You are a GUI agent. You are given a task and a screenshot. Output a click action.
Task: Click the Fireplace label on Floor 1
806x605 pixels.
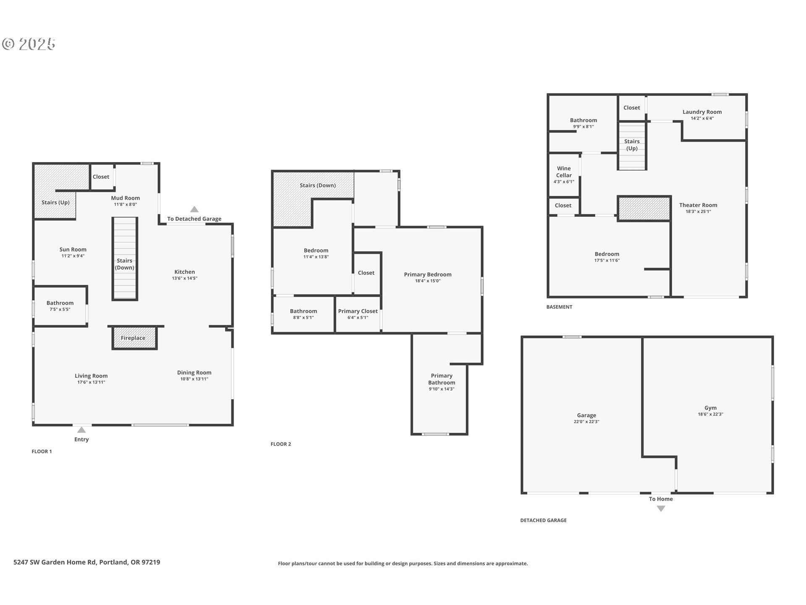point(133,338)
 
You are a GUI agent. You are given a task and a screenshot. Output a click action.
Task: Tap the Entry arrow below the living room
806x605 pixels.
point(81,430)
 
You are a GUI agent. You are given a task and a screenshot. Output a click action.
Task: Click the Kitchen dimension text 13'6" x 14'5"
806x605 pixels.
point(184,278)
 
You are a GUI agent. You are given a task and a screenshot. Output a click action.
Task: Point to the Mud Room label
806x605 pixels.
point(125,198)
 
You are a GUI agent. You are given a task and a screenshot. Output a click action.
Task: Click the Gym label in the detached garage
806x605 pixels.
point(710,408)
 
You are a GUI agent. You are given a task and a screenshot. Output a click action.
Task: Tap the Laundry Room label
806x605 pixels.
point(702,112)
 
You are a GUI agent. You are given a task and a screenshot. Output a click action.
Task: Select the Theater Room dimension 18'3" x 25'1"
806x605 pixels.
point(698,211)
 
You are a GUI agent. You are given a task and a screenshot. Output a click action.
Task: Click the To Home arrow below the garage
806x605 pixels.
point(661,509)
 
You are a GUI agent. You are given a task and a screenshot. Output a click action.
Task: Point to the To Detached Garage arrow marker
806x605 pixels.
point(194,209)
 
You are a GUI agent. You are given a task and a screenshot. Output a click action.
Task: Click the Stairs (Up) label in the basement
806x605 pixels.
point(631,145)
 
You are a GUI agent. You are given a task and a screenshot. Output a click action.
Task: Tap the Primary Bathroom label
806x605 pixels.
point(441,379)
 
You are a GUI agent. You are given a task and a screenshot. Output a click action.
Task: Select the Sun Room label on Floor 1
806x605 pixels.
point(73,249)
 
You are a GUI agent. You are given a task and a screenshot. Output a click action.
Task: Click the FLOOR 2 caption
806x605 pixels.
point(280,444)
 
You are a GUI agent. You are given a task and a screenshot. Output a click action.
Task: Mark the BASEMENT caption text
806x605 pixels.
point(559,307)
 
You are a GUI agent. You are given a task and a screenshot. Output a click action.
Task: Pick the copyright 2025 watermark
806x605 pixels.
point(29,44)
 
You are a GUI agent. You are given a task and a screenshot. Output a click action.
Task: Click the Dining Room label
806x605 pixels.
point(194,372)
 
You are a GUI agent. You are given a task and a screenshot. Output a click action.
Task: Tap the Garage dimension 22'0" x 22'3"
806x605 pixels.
point(586,421)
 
